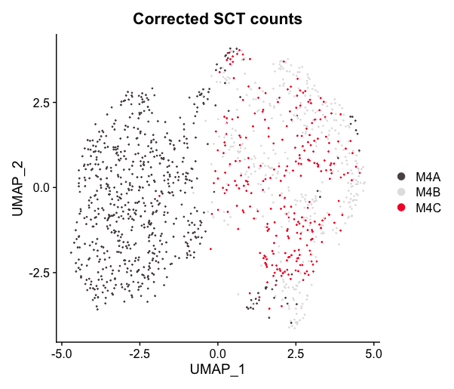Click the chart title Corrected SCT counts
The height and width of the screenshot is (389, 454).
click(217, 20)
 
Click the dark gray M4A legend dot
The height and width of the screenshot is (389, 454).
click(401, 176)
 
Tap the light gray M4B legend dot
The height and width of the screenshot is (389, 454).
click(401, 191)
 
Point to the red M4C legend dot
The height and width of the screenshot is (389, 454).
click(401, 206)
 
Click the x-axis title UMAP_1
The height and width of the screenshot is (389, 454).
click(217, 369)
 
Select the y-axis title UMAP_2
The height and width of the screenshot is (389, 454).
click(17, 187)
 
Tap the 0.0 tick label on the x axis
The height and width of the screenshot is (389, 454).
click(217, 352)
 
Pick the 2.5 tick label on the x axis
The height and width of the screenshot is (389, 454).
click(296, 352)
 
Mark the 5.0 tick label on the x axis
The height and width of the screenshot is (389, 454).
click(373, 352)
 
